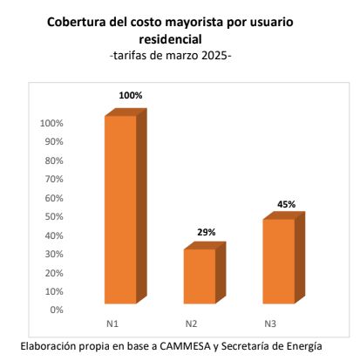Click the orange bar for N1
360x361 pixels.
pyautogui.click(x=126, y=207)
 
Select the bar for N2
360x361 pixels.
pyautogui.click(x=205, y=273)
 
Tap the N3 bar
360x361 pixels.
pyautogui.click(x=284, y=257)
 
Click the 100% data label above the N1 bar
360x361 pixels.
pyautogui.click(x=131, y=95)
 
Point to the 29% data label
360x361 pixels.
pyautogui.click(x=207, y=232)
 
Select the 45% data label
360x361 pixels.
pyautogui.click(x=286, y=204)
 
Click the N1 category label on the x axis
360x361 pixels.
pyautogui.click(x=112, y=324)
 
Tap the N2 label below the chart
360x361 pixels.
pyautogui.click(x=191, y=324)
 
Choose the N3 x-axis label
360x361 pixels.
pyautogui.click(x=270, y=324)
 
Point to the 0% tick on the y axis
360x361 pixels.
pyautogui.click(x=57, y=310)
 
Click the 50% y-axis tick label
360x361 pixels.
pyautogui.click(x=54, y=216)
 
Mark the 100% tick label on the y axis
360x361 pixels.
pyautogui.click(x=51, y=123)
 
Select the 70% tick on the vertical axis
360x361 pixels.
pyautogui.click(x=54, y=179)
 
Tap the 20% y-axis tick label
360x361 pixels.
pyautogui.click(x=54, y=273)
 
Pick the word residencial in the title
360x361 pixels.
pyautogui.click(x=170, y=39)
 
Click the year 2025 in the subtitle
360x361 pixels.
pyautogui.click(x=214, y=55)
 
